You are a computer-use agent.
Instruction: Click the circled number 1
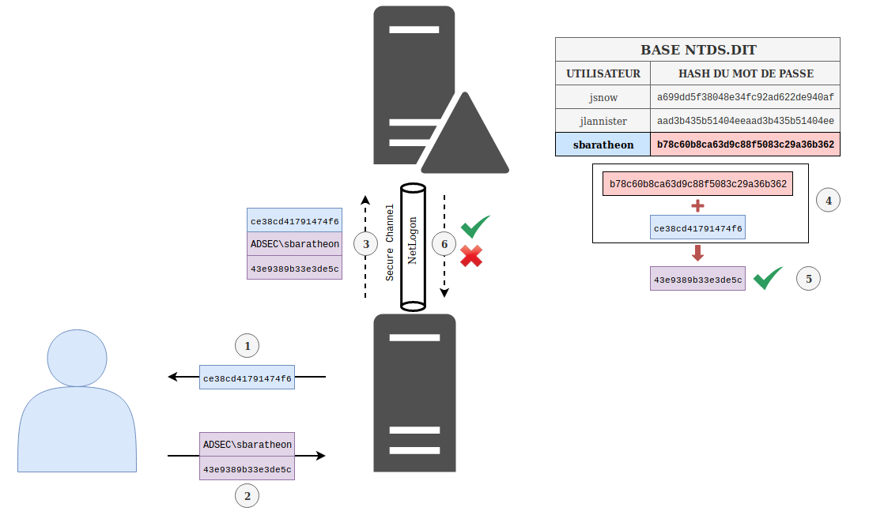(x=247, y=346)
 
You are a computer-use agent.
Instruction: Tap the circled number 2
(x=247, y=496)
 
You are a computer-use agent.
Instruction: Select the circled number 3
(x=365, y=244)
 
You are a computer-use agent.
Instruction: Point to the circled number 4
(x=828, y=201)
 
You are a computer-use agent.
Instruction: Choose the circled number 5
(x=808, y=279)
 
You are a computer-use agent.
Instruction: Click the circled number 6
(x=444, y=244)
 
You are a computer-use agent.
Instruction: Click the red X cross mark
(x=471, y=256)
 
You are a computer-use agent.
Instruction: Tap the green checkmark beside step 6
(x=475, y=227)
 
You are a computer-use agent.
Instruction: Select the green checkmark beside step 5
(x=768, y=279)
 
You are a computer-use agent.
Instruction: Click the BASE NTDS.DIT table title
(x=697, y=50)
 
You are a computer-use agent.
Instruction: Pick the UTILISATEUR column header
(x=603, y=73)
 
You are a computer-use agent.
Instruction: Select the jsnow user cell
(x=603, y=97)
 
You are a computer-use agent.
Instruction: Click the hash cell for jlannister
(x=745, y=121)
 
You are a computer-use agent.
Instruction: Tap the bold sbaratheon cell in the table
(x=603, y=145)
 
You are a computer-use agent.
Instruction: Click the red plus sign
(x=697, y=206)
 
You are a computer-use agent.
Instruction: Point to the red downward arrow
(x=697, y=254)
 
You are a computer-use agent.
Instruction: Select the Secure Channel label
(x=390, y=242)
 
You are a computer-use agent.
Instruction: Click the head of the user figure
(x=77, y=357)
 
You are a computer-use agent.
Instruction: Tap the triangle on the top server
(x=464, y=139)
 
